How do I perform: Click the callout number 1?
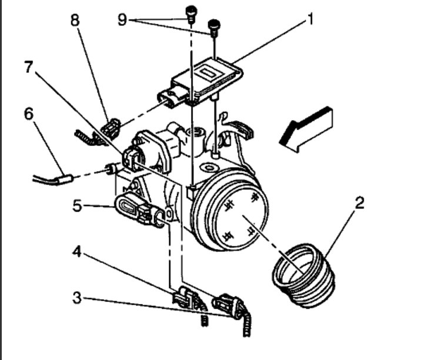click(x=309, y=21)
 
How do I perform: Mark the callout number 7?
click(x=29, y=66)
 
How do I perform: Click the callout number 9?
click(x=122, y=20)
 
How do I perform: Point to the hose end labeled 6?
click(x=62, y=177)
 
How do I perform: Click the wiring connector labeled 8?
click(x=110, y=127)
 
